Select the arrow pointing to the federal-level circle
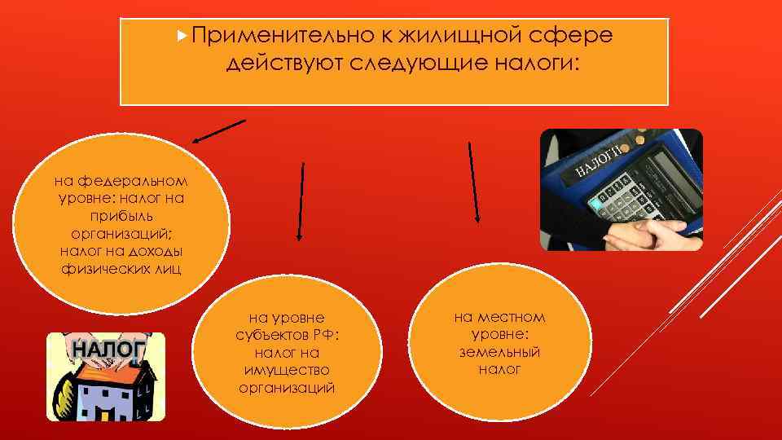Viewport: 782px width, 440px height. [x=217, y=131]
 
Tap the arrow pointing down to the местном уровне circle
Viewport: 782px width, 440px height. [x=473, y=183]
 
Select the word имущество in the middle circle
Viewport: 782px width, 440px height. [x=287, y=371]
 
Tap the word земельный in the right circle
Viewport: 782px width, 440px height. [x=499, y=352]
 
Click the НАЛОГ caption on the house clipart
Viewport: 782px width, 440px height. [x=108, y=349]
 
